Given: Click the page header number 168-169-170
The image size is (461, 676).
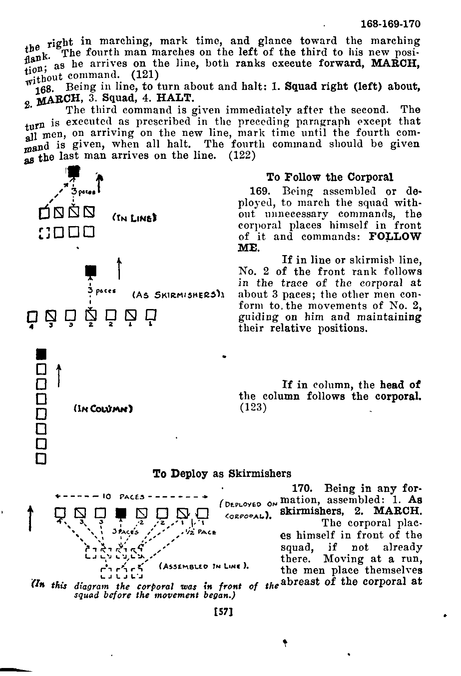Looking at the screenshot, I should click(391, 24).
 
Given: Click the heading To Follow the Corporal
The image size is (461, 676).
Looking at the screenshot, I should click(330, 177).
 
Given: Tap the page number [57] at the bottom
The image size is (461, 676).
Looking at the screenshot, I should click(224, 611).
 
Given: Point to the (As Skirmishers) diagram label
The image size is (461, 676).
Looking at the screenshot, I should click(178, 295).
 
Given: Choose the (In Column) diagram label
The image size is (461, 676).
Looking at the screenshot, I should click(103, 408).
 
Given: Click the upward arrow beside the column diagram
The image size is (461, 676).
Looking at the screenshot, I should click(59, 375).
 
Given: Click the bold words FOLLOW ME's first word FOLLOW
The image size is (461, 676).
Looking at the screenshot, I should click(395, 237).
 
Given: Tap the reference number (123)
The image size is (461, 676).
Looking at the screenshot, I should click(253, 408).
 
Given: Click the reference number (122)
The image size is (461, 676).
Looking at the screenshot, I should click(242, 156).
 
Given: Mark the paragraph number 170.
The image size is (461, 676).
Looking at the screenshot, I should click(302, 489).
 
